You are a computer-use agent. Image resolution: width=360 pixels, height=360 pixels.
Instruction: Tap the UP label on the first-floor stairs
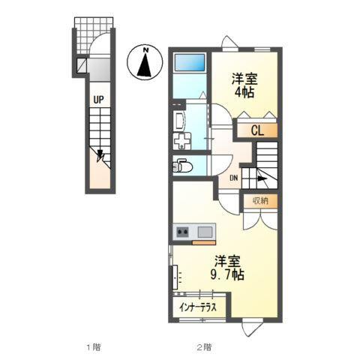click(x=97, y=98)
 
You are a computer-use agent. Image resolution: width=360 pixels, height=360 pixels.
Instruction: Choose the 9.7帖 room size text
click(x=228, y=275)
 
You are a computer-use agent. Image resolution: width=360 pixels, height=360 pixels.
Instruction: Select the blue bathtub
click(x=190, y=63)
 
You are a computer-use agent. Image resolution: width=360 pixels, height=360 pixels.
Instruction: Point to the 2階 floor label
click(x=204, y=346)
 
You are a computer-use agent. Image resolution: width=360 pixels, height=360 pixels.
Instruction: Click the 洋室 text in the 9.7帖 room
click(x=228, y=261)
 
